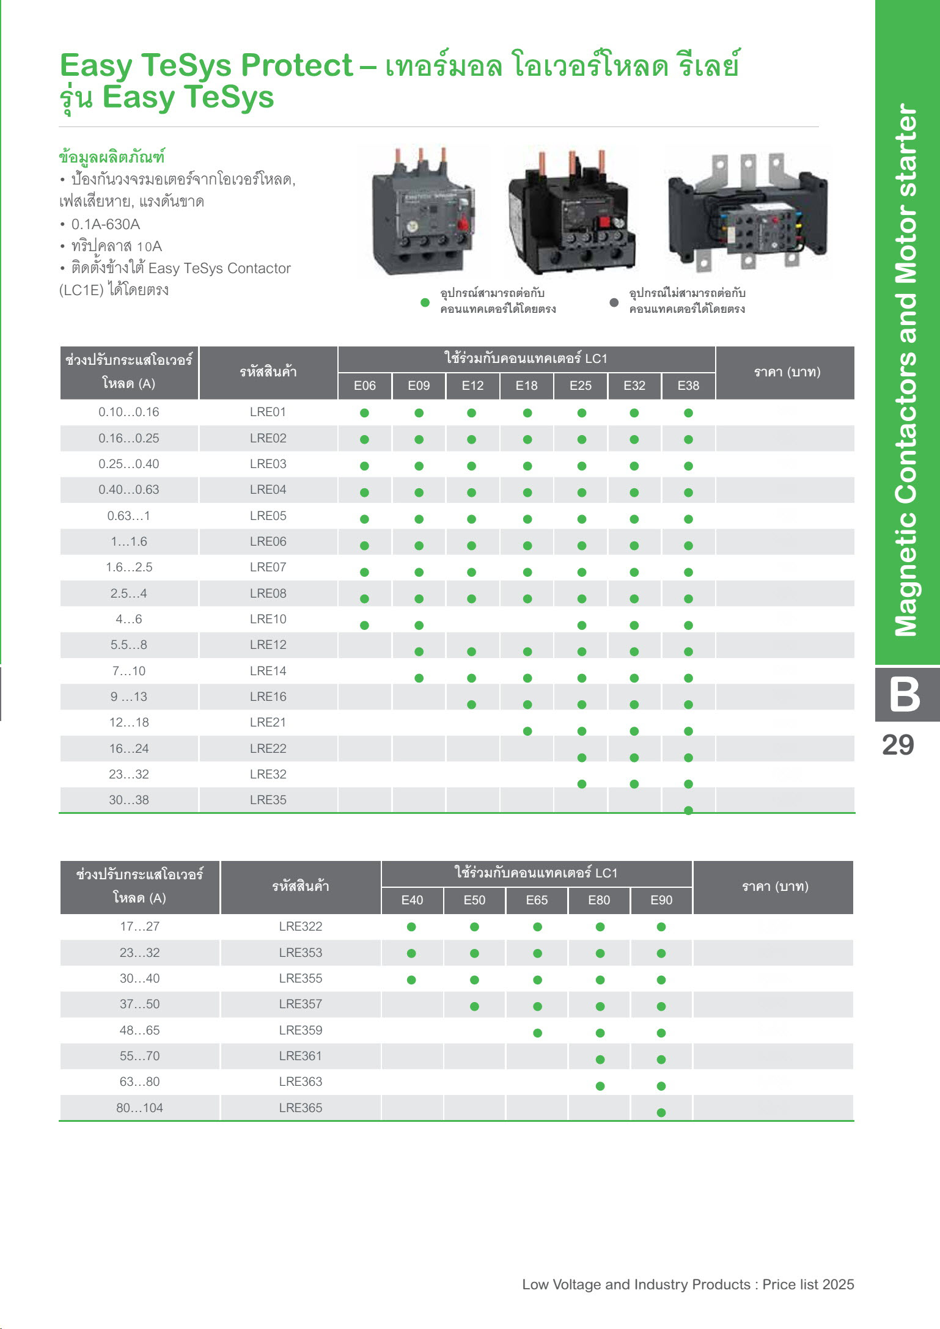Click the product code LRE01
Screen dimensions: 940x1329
click(268, 412)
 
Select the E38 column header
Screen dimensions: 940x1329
click(688, 386)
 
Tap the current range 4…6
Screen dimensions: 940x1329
click(129, 619)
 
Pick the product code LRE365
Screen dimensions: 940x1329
click(300, 1107)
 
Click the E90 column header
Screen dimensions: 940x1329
click(661, 900)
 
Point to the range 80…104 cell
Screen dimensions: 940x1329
click(140, 1107)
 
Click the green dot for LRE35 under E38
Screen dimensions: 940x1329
click(688, 811)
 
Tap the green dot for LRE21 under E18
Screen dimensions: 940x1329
click(527, 731)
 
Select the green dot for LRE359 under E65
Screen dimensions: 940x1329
click(537, 1033)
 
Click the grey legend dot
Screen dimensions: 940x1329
click(614, 302)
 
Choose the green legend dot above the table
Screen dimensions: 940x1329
click(425, 302)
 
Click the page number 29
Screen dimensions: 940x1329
click(898, 745)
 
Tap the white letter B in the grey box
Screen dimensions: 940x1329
click(905, 694)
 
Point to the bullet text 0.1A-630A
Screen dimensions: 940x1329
click(106, 224)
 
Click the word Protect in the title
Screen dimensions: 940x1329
click(296, 65)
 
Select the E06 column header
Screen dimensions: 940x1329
click(365, 386)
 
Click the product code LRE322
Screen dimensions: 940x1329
click(300, 926)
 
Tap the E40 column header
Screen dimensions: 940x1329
click(412, 900)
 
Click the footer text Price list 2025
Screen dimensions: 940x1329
click(808, 1284)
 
